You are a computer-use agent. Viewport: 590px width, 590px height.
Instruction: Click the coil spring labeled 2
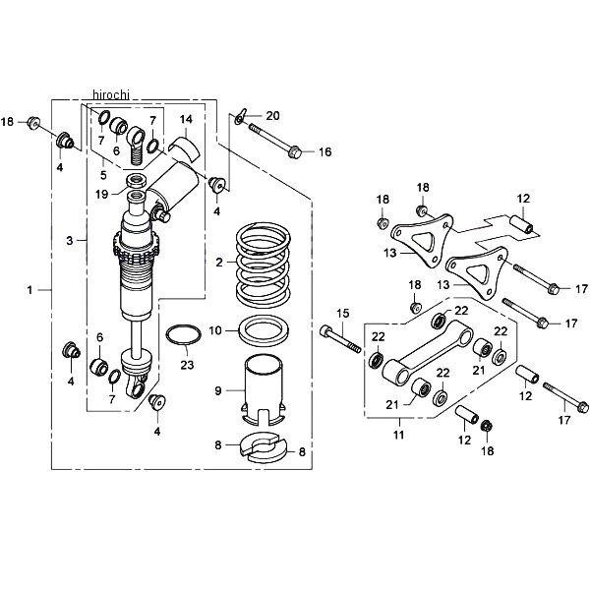click(x=264, y=265)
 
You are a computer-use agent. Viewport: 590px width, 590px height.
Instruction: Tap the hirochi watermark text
click(x=110, y=94)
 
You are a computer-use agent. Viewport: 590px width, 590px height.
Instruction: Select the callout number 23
click(x=187, y=365)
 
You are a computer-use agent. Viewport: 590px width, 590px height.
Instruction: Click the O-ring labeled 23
click(x=184, y=334)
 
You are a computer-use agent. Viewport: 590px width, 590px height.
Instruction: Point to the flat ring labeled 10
click(x=265, y=331)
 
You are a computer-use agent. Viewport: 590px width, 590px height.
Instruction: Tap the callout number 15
click(x=343, y=313)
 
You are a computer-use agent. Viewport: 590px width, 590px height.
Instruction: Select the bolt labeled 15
click(x=340, y=338)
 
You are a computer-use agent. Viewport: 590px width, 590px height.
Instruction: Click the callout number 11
click(x=398, y=435)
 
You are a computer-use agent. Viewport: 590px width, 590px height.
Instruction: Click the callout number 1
click(x=29, y=290)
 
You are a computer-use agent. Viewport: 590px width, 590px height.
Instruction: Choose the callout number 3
click(x=69, y=241)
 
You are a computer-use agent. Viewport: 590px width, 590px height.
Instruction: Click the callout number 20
click(x=272, y=115)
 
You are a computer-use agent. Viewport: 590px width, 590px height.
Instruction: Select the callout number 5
click(x=103, y=175)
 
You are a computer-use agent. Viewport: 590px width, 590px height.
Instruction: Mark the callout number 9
click(x=218, y=391)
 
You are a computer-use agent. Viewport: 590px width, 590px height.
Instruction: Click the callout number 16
click(x=325, y=151)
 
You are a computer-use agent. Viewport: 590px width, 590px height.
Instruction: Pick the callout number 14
click(x=186, y=119)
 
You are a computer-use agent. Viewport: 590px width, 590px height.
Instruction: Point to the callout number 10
click(x=215, y=330)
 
